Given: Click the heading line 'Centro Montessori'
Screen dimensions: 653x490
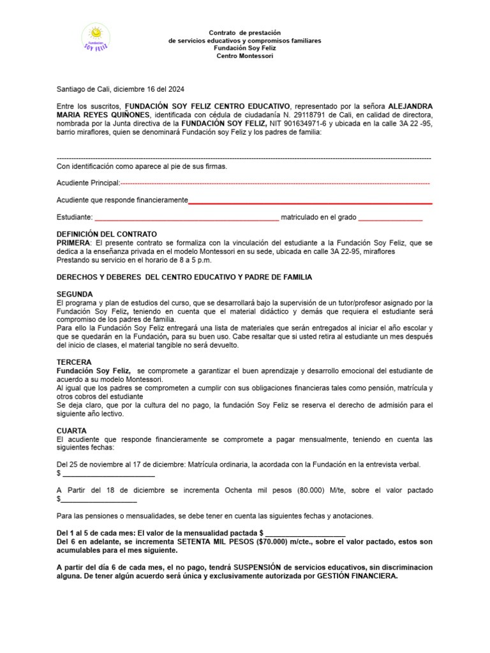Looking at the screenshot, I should [245, 56].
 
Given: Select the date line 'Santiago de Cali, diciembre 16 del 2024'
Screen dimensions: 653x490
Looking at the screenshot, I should [121, 89].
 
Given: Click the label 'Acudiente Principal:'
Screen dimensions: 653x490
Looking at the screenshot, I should [88, 183].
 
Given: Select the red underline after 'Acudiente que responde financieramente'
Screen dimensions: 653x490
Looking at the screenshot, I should [310, 203].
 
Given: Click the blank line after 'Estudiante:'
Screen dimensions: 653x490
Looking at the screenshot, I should [186, 219].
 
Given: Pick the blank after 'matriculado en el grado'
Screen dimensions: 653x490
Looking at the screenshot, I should [390, 219].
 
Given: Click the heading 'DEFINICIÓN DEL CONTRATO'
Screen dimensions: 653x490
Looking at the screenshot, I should [107, 234].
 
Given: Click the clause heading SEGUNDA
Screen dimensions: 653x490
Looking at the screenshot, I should [75, 294].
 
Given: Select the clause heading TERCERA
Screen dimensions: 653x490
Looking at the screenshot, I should [74, 362].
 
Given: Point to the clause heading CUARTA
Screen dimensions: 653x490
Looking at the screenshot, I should [71, 431].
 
